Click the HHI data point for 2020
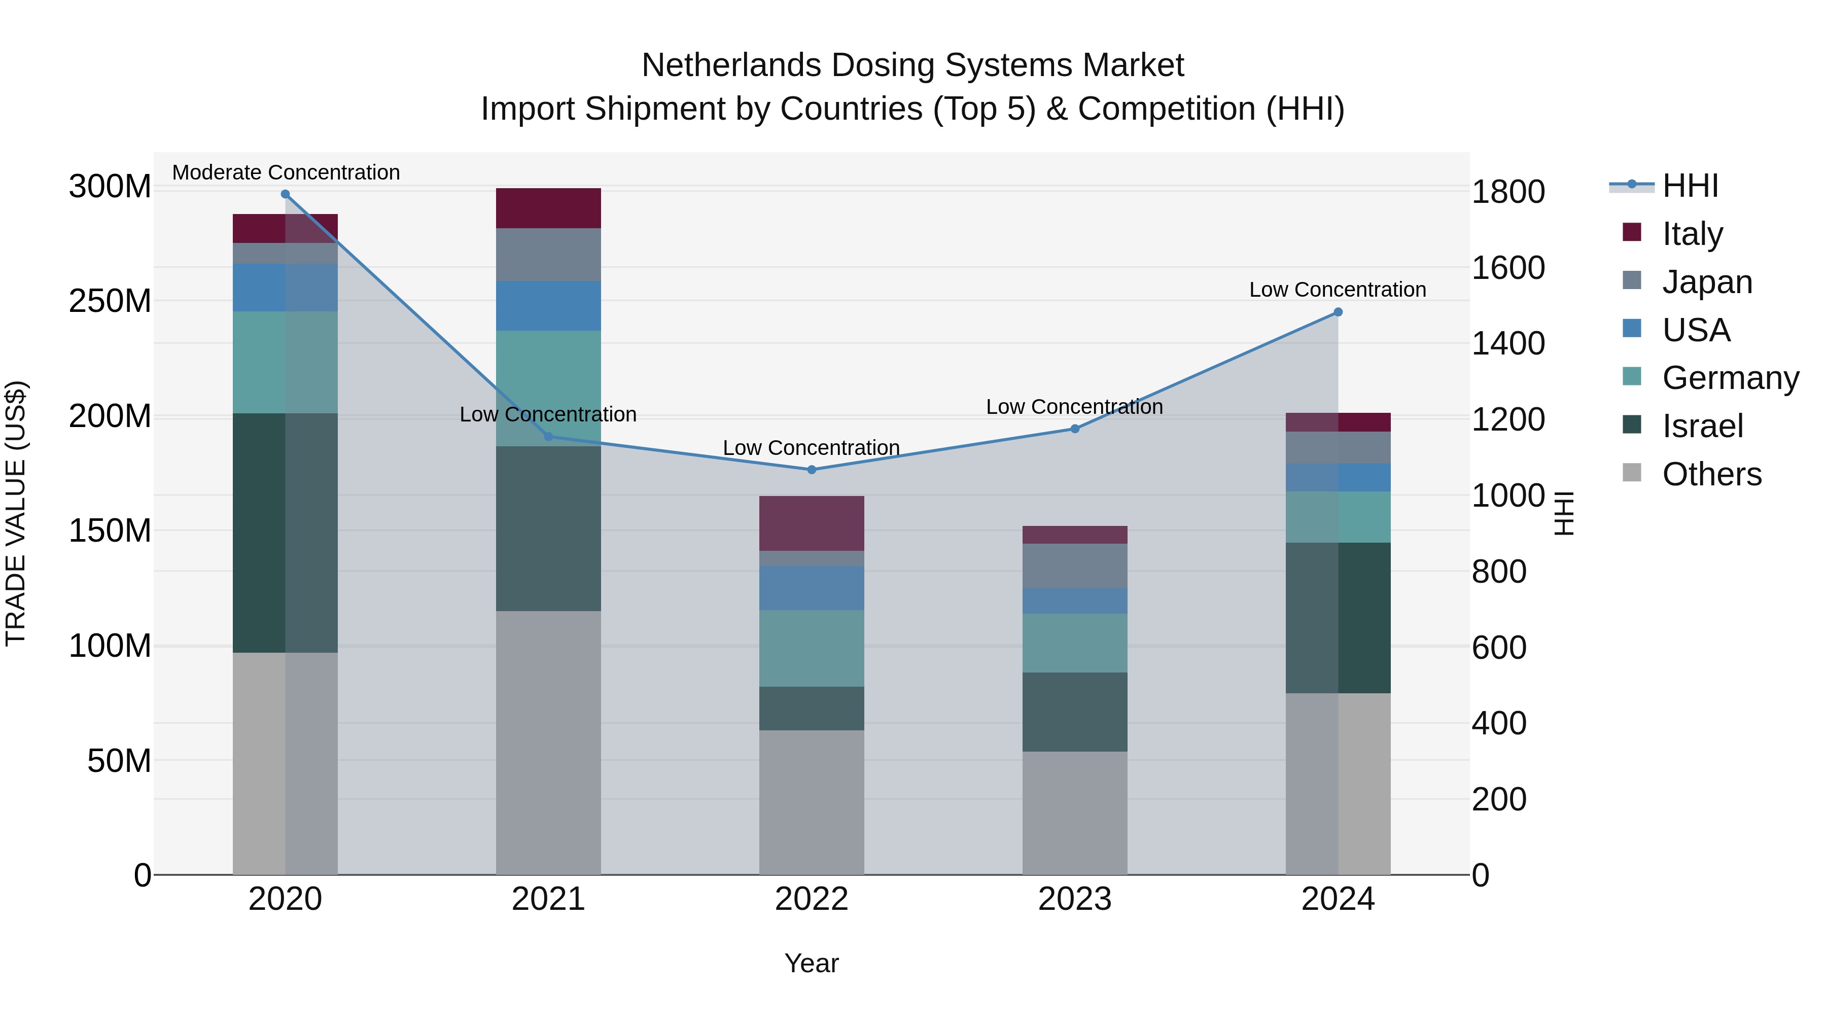point(285,194)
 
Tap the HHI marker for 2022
point(812,469)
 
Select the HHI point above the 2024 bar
point(1338,312)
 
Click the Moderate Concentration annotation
point(286,172)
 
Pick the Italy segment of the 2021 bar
point(548,207)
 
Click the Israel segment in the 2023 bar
point(1075,712)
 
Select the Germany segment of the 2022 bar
point(812,648)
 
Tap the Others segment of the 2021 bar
point(548,742)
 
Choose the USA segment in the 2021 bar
point(548,305)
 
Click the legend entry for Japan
point(1706,281)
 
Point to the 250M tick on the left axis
point(110,301)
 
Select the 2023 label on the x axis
point(1075,899)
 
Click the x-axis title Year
point(812,963)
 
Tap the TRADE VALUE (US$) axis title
point(16,513)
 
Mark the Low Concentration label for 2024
point(1338,289)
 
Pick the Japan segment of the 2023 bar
point(1075,565)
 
